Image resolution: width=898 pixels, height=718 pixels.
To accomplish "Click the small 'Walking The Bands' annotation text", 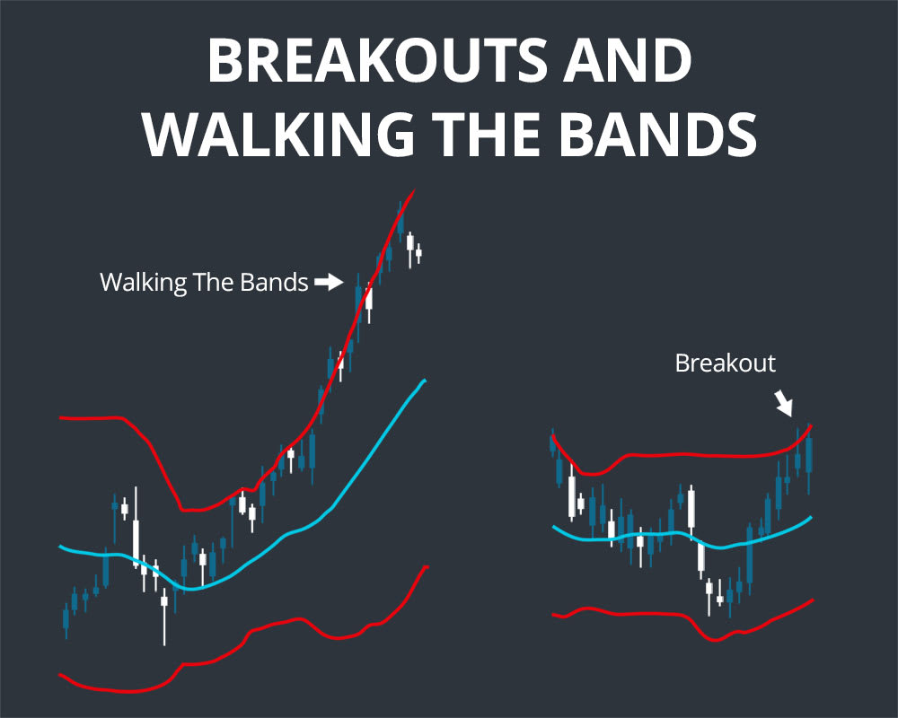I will coord(204,283).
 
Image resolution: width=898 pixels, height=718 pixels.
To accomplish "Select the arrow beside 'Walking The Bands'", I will coord(330,283).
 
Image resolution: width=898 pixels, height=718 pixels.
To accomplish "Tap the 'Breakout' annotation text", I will coord(725,363).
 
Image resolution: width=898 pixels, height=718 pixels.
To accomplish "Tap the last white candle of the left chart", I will coord(418,253).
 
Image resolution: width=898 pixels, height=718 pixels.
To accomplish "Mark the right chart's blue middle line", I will coord(665,534).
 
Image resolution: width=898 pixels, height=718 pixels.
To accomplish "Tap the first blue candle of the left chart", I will coord(66,618).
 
